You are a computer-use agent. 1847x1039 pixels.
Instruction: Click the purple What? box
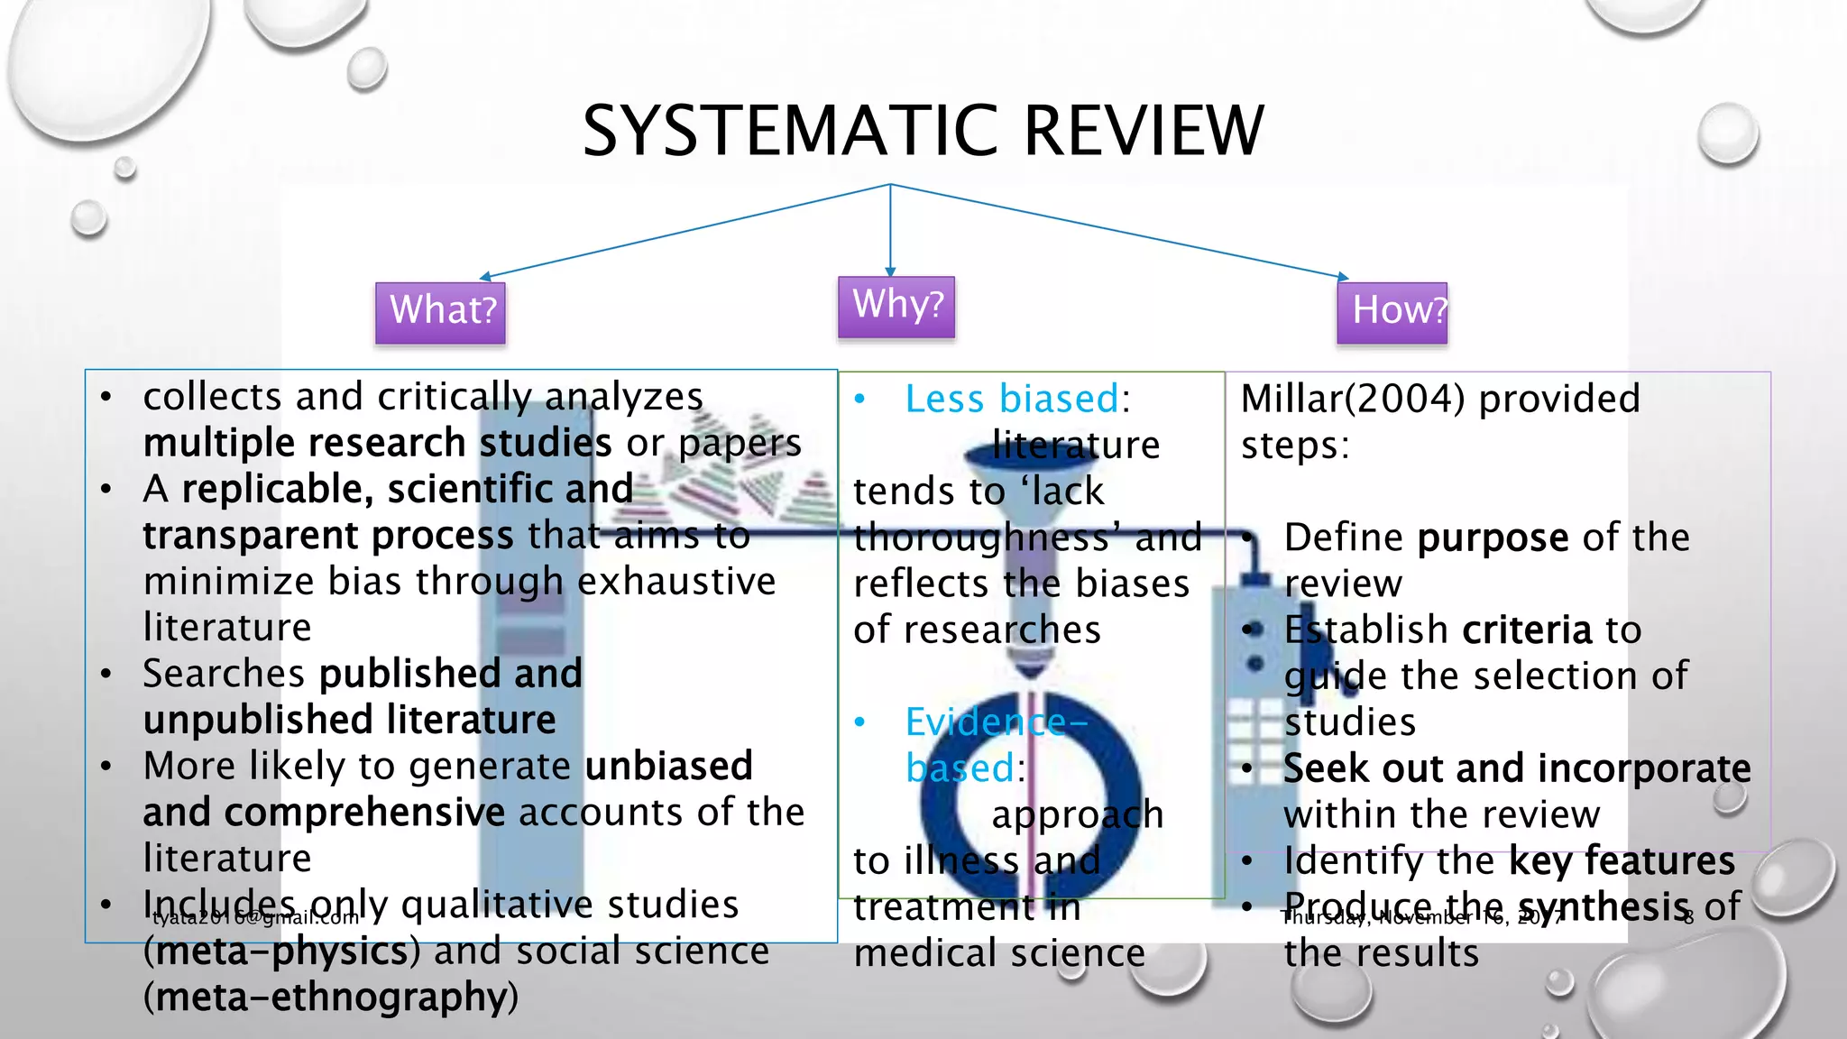coord(441,312)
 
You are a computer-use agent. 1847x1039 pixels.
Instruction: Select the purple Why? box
coord(896,307)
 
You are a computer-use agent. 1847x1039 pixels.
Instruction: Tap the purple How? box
coord(1392,312)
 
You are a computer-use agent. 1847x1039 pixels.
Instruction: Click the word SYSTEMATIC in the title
coord(791,132)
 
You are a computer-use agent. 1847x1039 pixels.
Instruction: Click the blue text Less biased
coord(1012,399)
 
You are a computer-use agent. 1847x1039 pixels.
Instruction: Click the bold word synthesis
coord(1603,906)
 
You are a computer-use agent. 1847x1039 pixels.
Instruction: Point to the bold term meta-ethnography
coord(330,998)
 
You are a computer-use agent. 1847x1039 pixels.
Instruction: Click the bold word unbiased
coord(668,767)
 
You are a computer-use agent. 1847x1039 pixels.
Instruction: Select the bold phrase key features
coord(1622,861)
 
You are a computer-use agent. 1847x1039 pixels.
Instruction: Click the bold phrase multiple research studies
coord(377,444)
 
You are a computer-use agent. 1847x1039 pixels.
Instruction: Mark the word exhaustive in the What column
coord(676,582)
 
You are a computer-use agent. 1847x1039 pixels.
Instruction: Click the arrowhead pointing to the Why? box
coord(890,271)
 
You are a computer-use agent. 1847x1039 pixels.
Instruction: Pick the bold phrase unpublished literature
coord(349,721)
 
